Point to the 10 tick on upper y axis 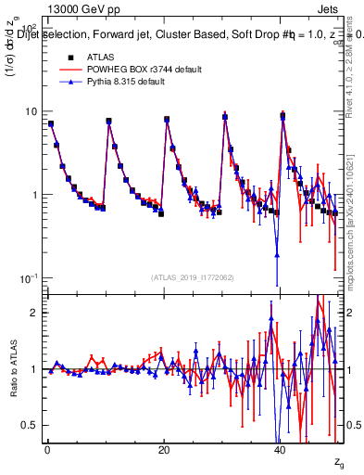pyautogui.click(x=31, y=111)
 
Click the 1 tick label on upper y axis pyautogui.click(x=33, y=195)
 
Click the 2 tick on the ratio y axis pyautogui.click(x=33, y=313)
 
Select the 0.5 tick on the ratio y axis pyautogui.click(x=29, y=425)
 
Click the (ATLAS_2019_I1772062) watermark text pyautogui.click(x=192, y=277)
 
